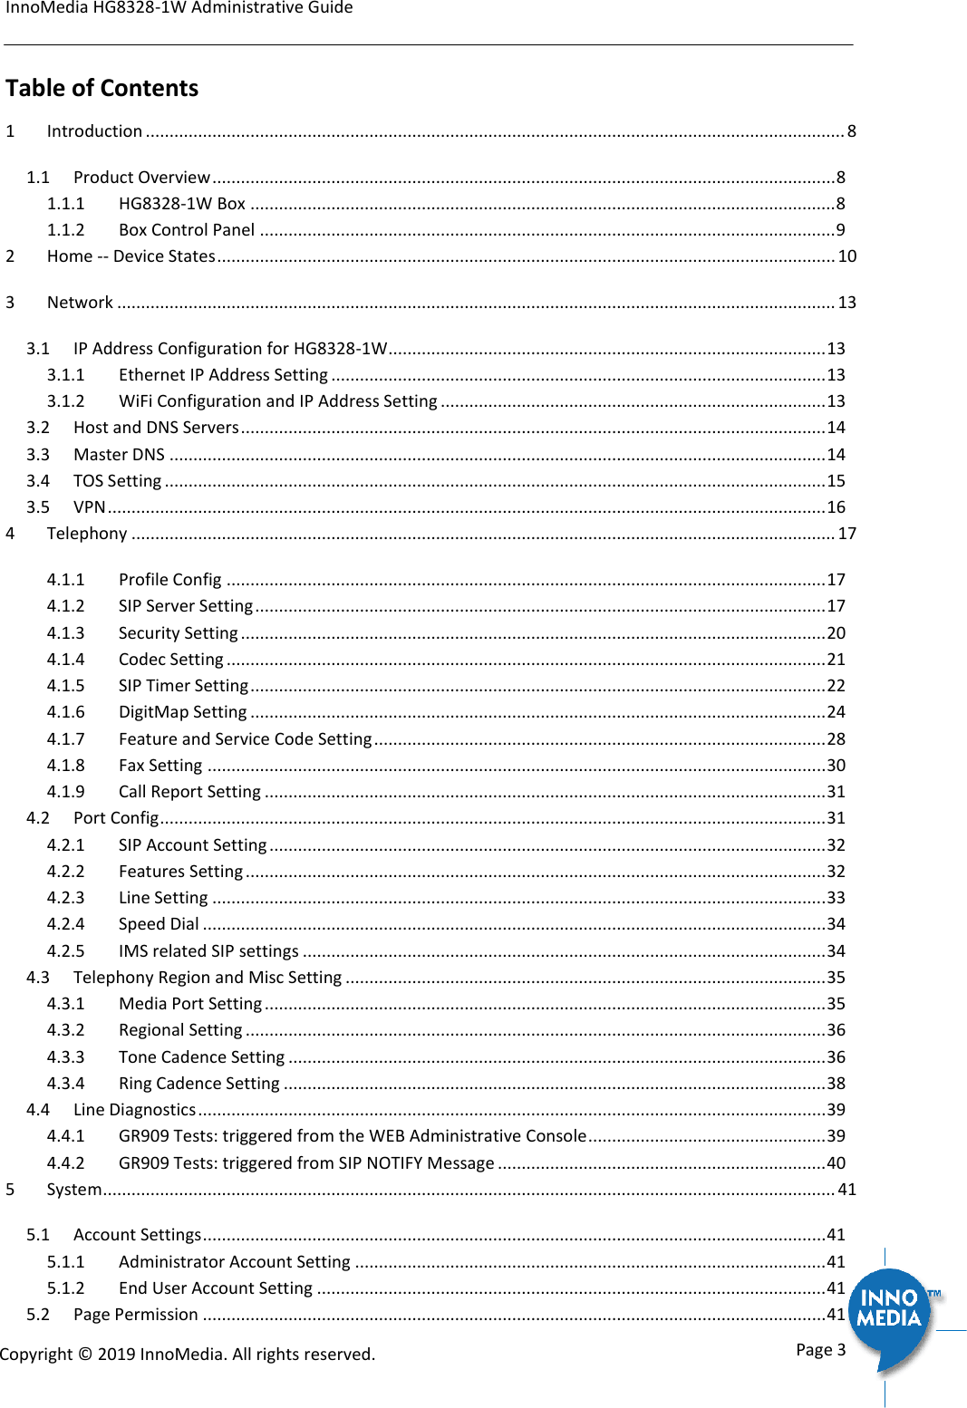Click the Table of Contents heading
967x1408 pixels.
click(x=102, y=88)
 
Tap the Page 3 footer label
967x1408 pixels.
click(x=820, y=1349)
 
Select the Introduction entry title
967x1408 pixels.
click(x=94, y=131)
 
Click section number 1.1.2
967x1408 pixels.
click(x=65, y=230)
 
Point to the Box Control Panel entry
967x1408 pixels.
click(x=187, y=230)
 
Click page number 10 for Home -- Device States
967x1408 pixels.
click(x=846, y=256)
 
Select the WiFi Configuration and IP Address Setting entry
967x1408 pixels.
click(x=277, y=401)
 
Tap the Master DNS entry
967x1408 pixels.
click(x=119, y=455)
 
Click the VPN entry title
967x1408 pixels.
click(x=89, y=507)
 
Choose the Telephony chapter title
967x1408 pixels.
click(x=87, y=534)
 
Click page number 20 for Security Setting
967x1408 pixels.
click(x=836, y=633)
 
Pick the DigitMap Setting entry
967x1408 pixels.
click(x=182, y=712)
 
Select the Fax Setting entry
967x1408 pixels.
click(x=160, y=766)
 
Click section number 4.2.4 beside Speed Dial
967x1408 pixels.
click(x=65, y=924)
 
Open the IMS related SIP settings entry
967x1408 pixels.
click(x=208, y=951)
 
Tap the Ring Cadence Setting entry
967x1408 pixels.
click(x=198, y=1084)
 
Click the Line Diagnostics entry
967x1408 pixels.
click(x=134, y=1110)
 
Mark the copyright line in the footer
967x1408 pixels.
click(x=188, y=1355)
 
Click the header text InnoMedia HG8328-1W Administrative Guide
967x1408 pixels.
click(x=179, y=8)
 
